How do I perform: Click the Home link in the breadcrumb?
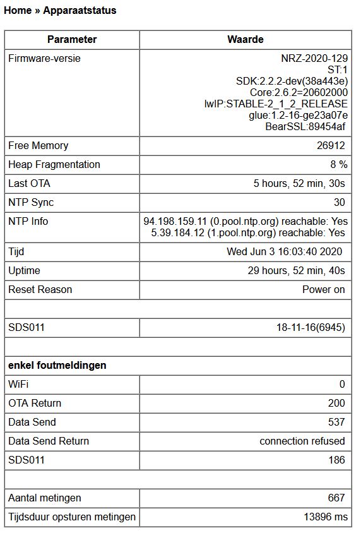[17, 10]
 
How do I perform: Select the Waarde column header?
[246, 39]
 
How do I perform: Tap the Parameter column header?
[72, 39]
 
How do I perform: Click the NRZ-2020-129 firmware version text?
[314, 59]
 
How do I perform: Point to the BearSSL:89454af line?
[305, 127]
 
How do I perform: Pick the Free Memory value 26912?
[331, 146]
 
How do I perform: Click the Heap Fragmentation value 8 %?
[339, 165]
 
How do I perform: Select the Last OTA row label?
[29, 184]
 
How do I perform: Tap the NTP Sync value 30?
[340, 203]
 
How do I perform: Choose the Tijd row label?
[16, 252]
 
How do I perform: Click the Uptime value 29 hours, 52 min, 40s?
[296, 271]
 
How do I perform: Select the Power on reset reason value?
[324, 290]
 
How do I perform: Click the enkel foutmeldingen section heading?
[57, 366]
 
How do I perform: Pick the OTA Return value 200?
[336, 403]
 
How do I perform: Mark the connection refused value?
[302, 441]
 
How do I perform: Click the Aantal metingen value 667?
[336, 498]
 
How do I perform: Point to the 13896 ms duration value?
[325, 517]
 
